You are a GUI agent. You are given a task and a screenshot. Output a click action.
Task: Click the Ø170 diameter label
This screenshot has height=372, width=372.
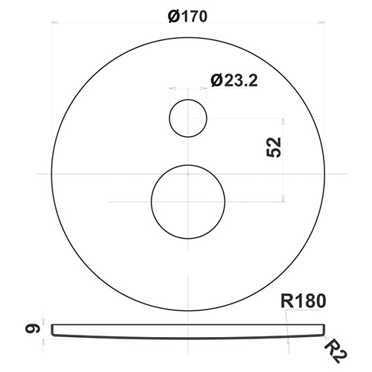(x=187, y=16)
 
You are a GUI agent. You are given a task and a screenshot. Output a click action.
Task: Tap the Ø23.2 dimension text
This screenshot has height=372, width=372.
(x=234, y=80)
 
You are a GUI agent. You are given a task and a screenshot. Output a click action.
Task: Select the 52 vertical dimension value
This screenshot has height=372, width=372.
(x=274, y=147)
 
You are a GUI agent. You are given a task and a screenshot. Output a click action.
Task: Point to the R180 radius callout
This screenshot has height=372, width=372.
(x=303, y=301)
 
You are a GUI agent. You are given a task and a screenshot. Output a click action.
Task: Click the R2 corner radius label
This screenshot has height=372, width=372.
(x=336, y=353)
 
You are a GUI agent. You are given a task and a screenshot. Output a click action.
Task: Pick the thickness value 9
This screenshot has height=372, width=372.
(x=33, y=329)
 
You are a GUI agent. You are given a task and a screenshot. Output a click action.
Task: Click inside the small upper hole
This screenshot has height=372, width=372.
(x=188, y=118)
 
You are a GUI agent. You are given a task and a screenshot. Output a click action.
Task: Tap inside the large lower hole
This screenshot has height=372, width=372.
(x=188, y=202)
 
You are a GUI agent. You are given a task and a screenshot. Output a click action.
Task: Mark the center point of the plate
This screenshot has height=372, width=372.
(x=188, y=174)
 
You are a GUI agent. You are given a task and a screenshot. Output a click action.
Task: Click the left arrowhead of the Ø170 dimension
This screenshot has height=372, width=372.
(x=54, y=22)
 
